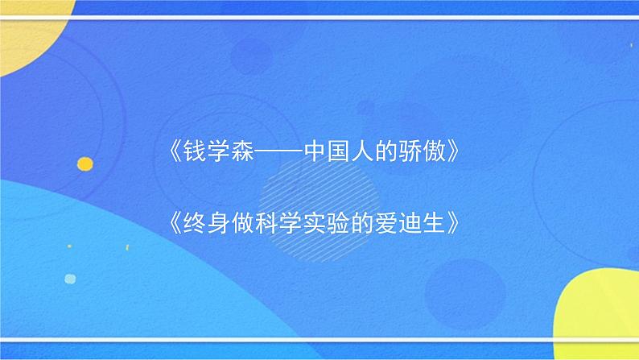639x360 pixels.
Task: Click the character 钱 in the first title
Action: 198,151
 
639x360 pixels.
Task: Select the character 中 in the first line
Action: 316,151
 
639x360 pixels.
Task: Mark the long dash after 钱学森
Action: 281,152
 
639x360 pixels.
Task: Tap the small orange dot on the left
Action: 85,164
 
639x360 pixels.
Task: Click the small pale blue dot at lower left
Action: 70,279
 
